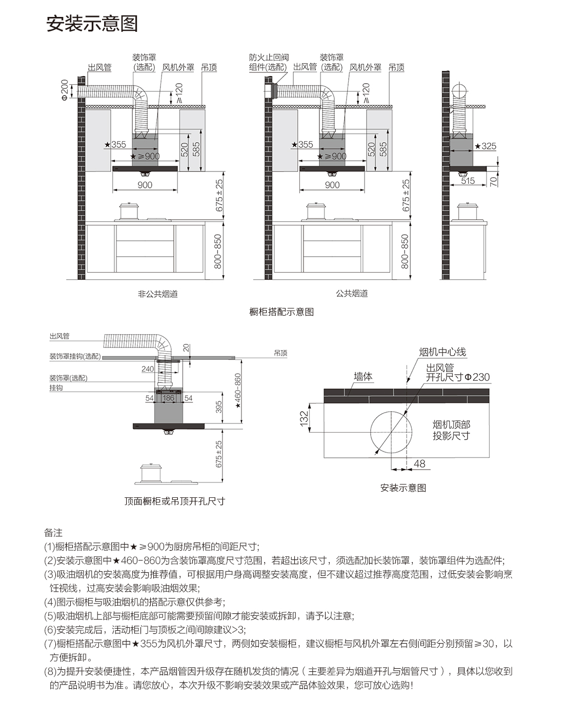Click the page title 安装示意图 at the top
92,24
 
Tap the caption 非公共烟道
157,294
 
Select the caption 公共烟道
352,294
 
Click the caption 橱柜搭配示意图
281,312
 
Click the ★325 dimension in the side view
486,146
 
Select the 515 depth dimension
468,181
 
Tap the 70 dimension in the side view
493,181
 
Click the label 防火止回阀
269,57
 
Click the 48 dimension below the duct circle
419,464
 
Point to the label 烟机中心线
442,352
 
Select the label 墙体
363,377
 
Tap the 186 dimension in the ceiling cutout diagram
168,398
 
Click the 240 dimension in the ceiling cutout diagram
148,369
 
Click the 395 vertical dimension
219,407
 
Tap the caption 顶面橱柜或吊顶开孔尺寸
175,501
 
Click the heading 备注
53,533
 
